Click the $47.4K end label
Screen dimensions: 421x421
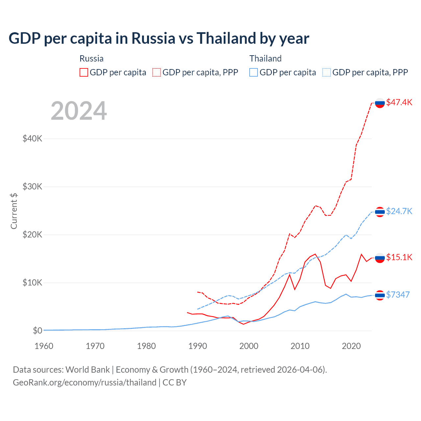(399, 102)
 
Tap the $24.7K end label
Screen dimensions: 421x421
(399, 211)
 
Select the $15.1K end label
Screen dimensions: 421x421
(399, 257)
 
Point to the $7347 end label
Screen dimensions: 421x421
(398, 295)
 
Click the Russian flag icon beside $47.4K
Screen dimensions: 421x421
(380, 103)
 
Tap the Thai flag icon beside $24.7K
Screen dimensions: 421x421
(380, 212)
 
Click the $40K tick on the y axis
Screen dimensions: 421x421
(32, 138)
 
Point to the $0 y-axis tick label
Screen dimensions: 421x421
(37, 331)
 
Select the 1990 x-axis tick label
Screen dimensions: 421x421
(198, 346)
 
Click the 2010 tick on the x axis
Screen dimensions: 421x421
(300, 346)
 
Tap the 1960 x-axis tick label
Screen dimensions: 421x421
(44, 346)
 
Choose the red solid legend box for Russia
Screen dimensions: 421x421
(84, 72)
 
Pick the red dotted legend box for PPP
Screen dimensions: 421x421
(157, 72)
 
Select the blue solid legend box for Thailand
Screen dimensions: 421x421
(254, 72)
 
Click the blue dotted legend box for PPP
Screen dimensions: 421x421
(327, 72)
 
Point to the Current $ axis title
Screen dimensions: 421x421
(14, 211)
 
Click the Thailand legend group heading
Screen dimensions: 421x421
(265, 59)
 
